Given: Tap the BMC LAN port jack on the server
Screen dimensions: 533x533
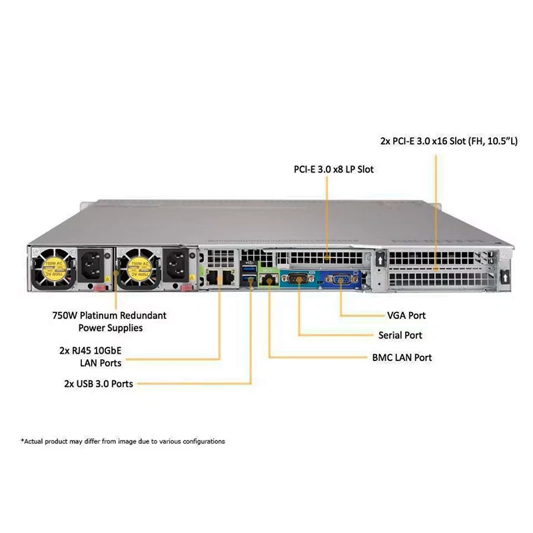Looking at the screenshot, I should tap(268, 278).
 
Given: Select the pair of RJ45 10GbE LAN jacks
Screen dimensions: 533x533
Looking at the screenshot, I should tap(220, 277).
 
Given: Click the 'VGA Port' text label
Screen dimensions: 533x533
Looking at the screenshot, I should tap(406, 315).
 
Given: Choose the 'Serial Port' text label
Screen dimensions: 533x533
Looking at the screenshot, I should tap(400, 335).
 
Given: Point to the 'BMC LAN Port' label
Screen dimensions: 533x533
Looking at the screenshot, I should tap(401, 357).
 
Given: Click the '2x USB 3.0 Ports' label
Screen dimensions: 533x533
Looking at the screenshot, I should tap(99, 384).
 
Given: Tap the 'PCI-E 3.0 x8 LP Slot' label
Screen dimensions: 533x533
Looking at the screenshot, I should tap(334, 169).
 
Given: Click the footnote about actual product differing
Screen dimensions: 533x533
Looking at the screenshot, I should tap(123, 441).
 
